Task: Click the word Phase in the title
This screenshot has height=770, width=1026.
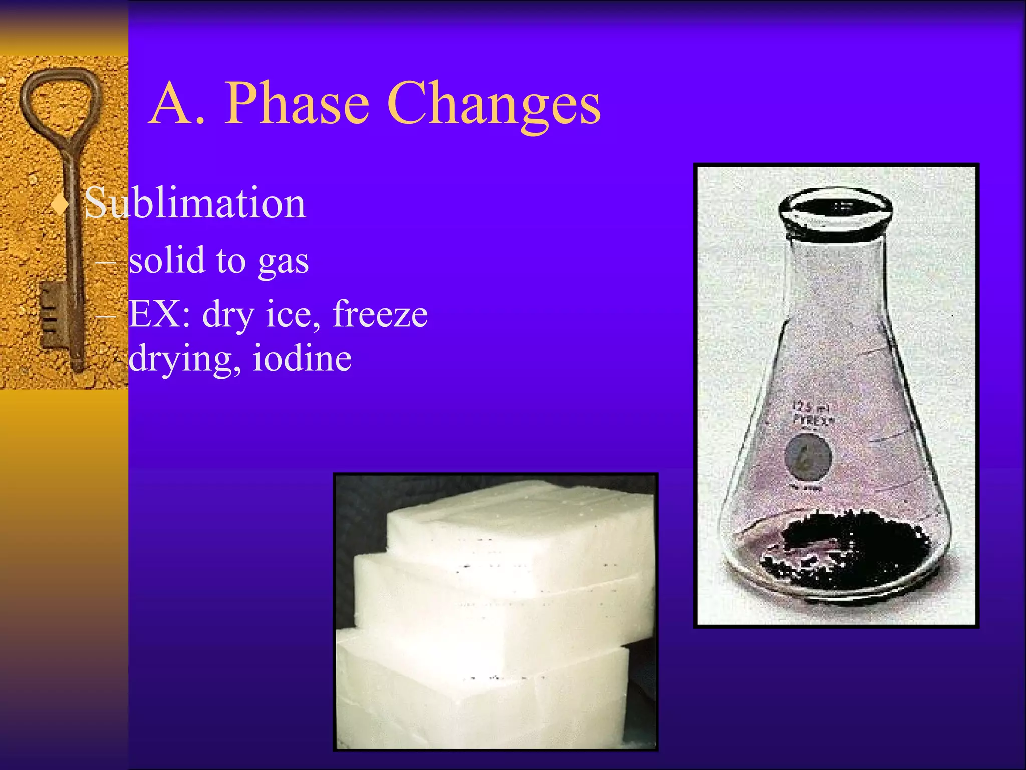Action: (x=297, y=104)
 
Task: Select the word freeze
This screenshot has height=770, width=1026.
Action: (x=380, y=314)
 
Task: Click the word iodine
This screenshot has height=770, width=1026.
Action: (x=302, y=358)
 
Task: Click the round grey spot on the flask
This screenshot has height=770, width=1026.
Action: (x=808, y=457)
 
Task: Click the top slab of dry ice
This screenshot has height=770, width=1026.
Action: (x=521, y=521)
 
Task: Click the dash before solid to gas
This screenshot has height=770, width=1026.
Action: (x=106, y=262)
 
